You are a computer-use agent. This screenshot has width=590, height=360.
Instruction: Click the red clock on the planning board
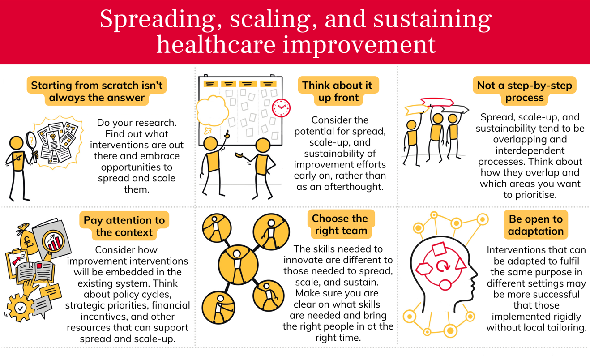click(281, 108)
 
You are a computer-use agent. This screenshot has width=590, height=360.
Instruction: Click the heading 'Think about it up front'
click(338, 91)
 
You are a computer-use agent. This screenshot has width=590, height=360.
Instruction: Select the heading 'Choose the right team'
click(341, 224)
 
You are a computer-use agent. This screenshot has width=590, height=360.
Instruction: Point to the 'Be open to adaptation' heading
click(536, 225)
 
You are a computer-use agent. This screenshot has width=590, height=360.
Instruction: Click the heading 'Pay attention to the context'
click(124, 226)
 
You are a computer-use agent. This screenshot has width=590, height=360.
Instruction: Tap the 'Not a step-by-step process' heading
click(524, 91)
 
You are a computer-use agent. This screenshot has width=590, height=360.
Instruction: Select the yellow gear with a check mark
click(20, 308)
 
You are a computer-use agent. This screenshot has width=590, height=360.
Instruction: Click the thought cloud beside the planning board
click(212, 111)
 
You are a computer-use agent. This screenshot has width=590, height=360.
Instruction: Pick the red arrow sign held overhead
click(437, 102)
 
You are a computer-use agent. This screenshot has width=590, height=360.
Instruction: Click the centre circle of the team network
click(238, 264)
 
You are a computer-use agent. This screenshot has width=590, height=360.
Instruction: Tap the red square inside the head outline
click(439, 249)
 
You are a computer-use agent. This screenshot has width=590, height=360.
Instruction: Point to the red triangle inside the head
click(461, 263)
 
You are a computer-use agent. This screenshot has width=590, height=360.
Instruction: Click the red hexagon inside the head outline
click(424, 269)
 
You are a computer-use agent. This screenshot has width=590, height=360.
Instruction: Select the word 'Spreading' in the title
click(161, 19)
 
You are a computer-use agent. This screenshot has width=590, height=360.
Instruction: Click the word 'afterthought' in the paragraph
click(354, 187)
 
